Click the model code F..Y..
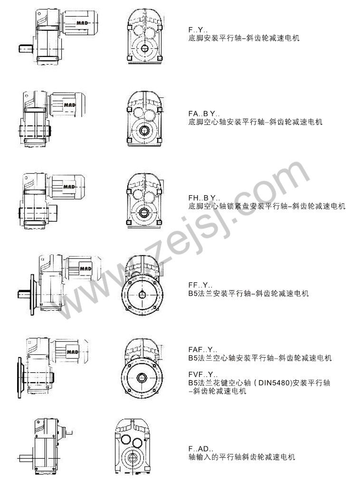198,30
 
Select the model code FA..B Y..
204,114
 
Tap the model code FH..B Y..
204,198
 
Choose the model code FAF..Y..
203,350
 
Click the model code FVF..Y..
203,375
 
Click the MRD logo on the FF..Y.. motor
86,269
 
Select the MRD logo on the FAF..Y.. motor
73,352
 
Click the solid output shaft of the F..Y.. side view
27,48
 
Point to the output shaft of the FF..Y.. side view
24,294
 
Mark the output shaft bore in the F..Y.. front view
144,48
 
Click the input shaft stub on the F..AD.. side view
69,433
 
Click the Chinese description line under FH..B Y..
267,206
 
